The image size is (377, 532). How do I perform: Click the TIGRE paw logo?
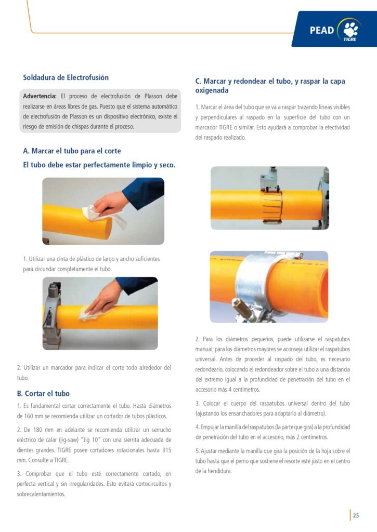click(x=350, y=30)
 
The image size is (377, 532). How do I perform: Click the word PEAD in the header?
click(x=322, y=30)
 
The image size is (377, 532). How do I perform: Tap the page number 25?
click(x=356, y=515)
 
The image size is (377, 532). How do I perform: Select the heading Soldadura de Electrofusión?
click(x=66, y=77)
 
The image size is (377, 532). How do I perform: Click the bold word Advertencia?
click(x=40, y=96)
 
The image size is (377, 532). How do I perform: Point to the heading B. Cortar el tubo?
click(x=43, y=394)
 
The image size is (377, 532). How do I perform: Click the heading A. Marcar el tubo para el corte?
click(x=72, y=151)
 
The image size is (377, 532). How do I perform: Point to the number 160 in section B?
click(x=29, y=416)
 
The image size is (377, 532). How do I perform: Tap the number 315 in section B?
click(x=166, y=450)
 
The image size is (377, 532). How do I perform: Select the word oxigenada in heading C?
click(x=212, y=90)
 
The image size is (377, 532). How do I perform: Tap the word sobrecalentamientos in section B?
click(x=41, y=494)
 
